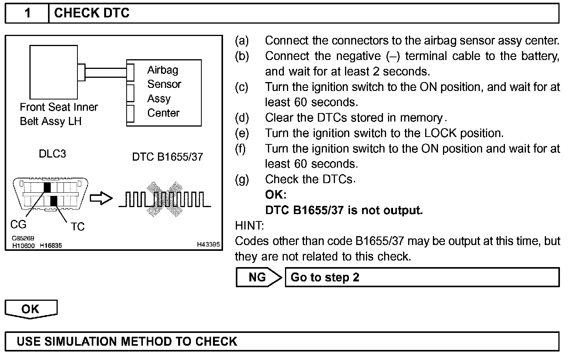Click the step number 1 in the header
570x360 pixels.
click(x=27, y=13)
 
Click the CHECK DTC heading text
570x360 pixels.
click(x=92, y=13)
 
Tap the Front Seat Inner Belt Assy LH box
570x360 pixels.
click(x=53, y=72)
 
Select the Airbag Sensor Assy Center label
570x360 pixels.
click(x=164, y=92)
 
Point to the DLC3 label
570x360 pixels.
click(x=52, y=154)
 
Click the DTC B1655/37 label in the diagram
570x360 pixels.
click(x=167, y=157)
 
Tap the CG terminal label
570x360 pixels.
click(x=18, y=225)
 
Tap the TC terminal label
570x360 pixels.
click(x=77, y=226)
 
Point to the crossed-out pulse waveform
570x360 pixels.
click(x=165, y=199)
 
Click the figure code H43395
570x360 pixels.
click(x=208, y=245)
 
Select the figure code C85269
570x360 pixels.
click(x=23, y=238)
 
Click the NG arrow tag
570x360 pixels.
click(x=258, y=277)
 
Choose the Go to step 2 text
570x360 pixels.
click(x=325, y=278)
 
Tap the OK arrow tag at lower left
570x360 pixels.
click(x=31, y=309)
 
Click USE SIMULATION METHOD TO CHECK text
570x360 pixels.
click(x=127, y=341)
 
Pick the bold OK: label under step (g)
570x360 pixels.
click(x=276, y=195)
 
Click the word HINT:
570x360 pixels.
click(x=249, y=225)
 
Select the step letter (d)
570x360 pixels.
click(x=242, y=118)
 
